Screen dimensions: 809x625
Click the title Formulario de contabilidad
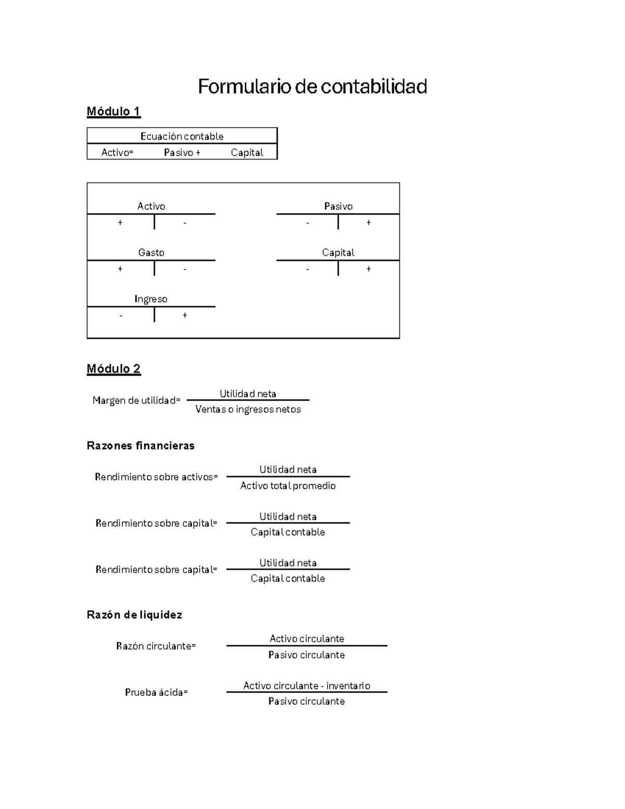[312, 86]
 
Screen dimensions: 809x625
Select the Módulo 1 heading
[114, 111]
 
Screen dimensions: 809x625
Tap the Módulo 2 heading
[114, 369]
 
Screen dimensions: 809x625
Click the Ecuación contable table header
[182, 136]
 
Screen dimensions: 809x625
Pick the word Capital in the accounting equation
[247, 153]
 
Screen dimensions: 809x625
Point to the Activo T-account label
[151, 206]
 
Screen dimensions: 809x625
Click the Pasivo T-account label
[338, 206]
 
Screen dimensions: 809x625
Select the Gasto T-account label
[151, 253]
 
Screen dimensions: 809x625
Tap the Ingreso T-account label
[151, 299]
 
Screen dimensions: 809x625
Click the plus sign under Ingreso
[185, 316]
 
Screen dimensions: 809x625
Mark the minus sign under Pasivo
[308, 223]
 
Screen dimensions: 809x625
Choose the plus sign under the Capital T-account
[369, 269]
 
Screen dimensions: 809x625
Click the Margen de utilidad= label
[136, 401]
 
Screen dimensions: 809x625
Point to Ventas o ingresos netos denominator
[248, 409]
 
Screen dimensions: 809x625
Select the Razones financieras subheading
[141, 445]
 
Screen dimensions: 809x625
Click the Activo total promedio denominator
[288, 486]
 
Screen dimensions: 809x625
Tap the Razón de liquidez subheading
[134, 615]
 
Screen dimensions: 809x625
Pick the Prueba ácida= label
[156, 692]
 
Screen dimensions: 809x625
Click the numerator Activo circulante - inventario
[307, 686]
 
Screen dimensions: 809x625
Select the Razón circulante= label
[156, 646]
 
